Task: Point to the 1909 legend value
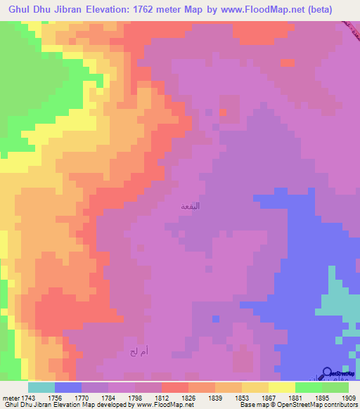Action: (x=347, y=398)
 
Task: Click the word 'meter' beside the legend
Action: (x=11, y=398)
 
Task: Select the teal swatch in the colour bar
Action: (x=41, y=387)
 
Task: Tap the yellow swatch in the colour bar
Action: (x=281, y=387)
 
